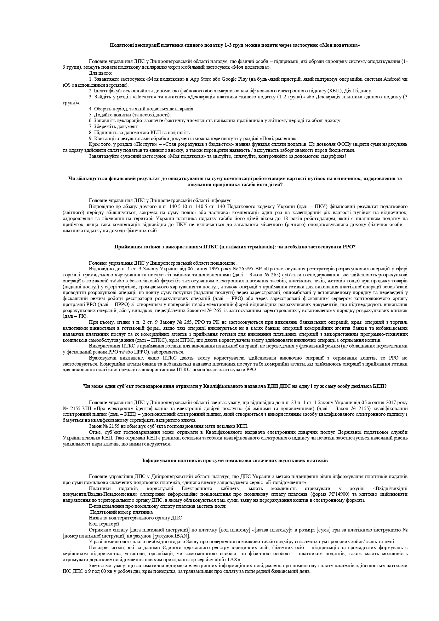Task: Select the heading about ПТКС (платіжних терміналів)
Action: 235,247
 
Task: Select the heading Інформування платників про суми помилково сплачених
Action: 235,461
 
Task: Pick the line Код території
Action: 104,524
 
